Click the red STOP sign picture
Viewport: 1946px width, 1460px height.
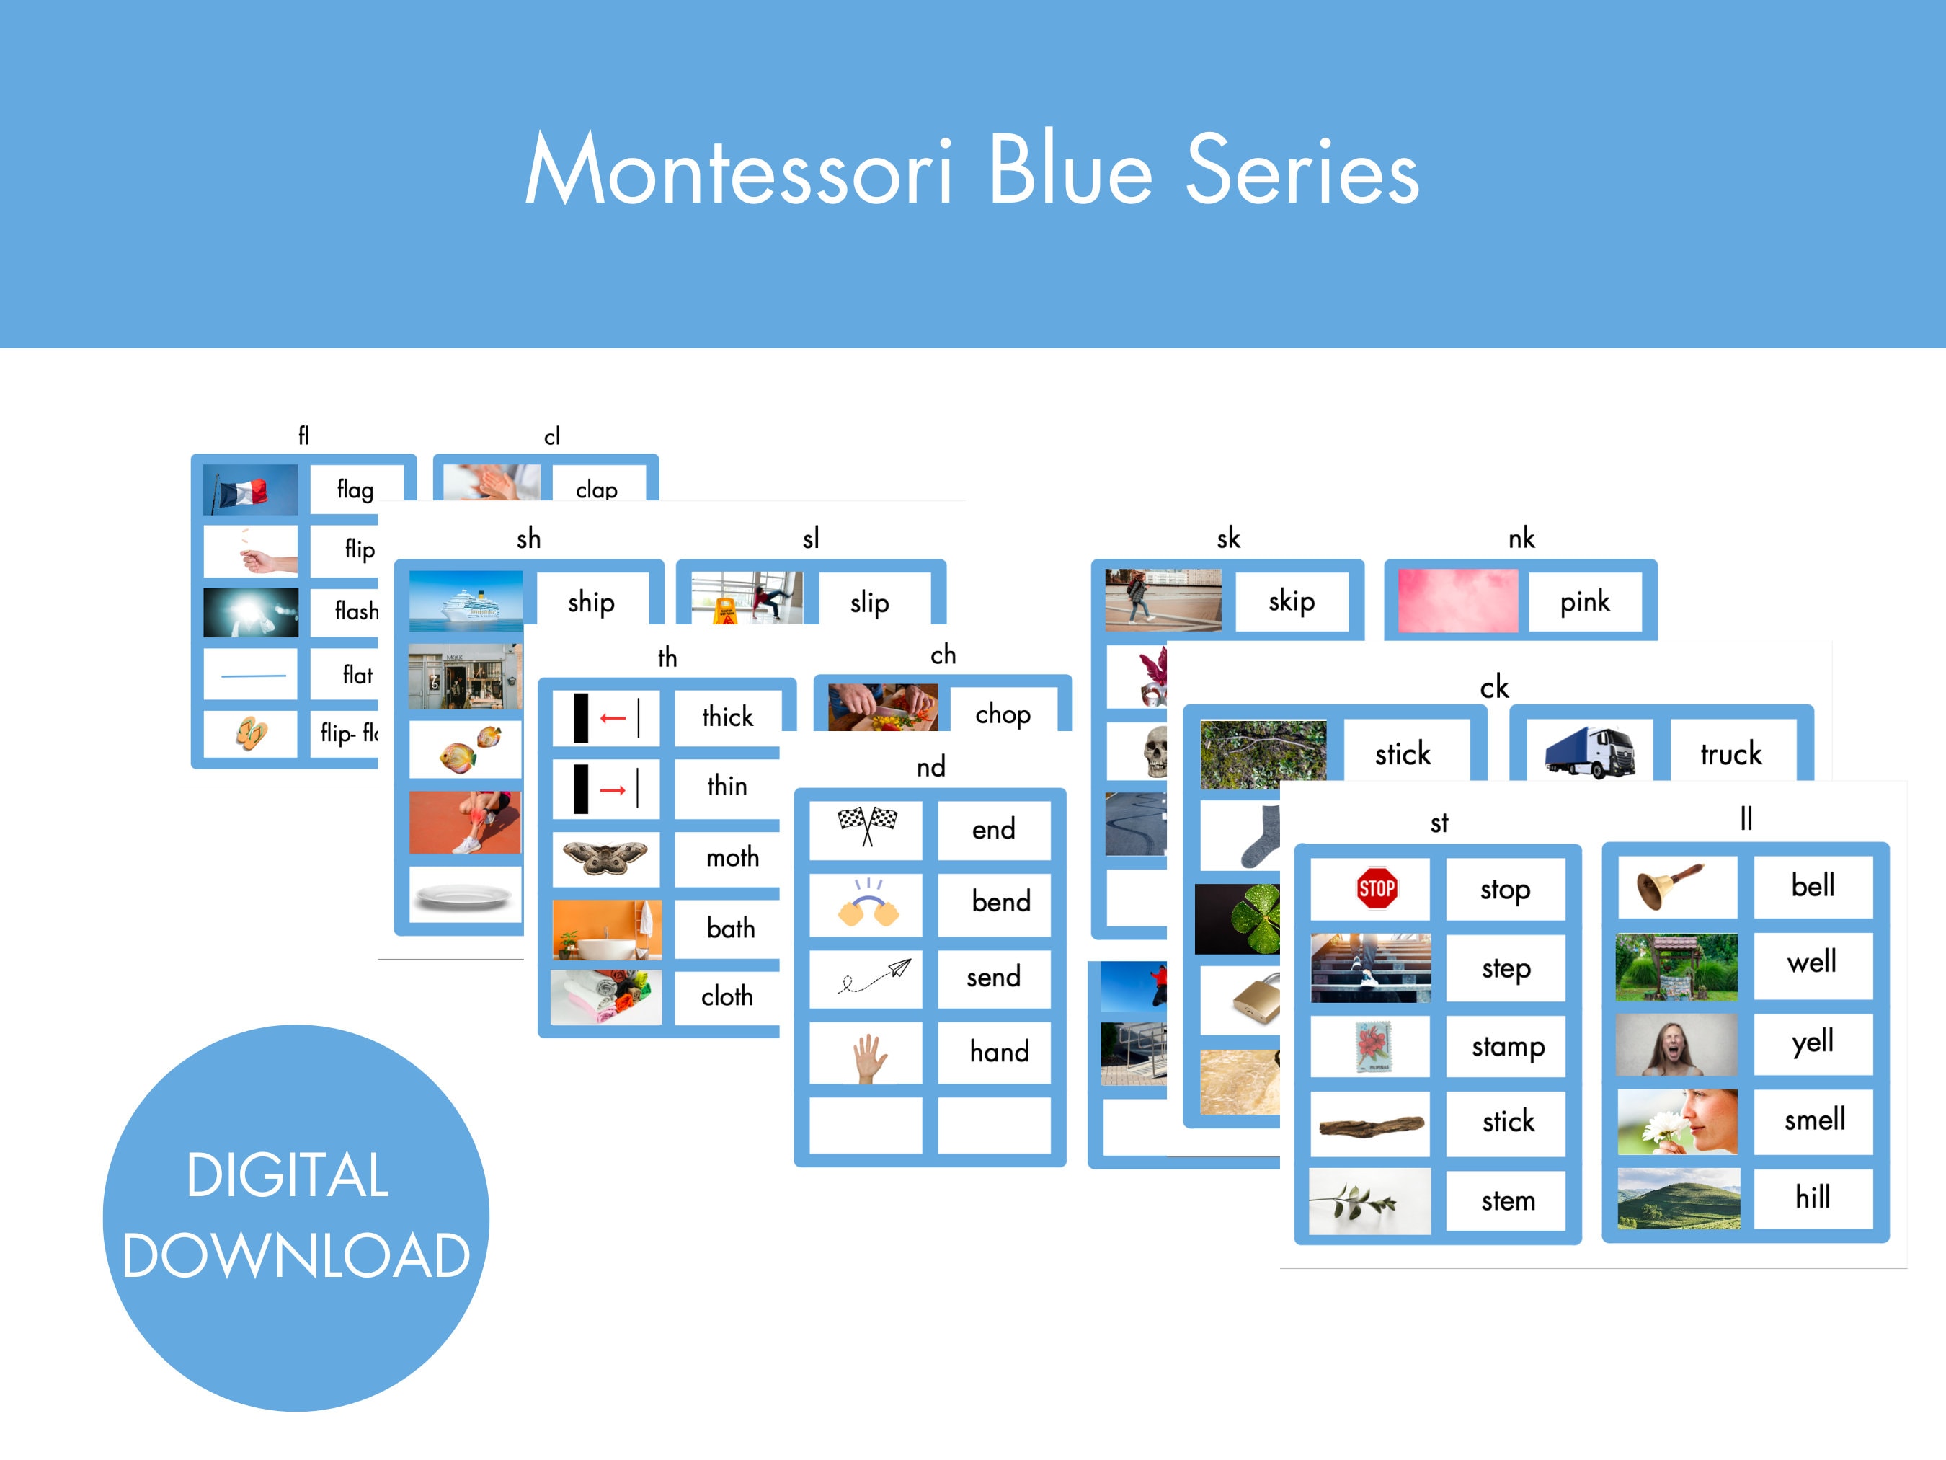coord(1376,888)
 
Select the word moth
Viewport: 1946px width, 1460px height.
coord(732,857)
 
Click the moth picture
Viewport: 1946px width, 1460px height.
coord(605,857)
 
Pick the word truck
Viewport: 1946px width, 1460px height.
coord(1730,754)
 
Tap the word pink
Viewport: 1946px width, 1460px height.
coord(1583,602)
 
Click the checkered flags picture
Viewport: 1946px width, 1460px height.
coord(866,826)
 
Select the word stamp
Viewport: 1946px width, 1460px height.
coord(1508,1046)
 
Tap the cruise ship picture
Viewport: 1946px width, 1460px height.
coord(466,601)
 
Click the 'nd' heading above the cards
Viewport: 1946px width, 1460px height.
coord(930,766)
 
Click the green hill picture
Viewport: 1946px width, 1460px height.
coord(1678,1198)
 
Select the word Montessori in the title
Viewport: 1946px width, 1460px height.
coord(739,170)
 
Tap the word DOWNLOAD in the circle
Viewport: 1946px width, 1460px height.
coord(296,1255)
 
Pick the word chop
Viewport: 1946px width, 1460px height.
coord(1002,714)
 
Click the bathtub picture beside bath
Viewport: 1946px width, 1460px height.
coord(605,929)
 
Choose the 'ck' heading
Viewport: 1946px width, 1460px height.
coord(1494,686)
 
